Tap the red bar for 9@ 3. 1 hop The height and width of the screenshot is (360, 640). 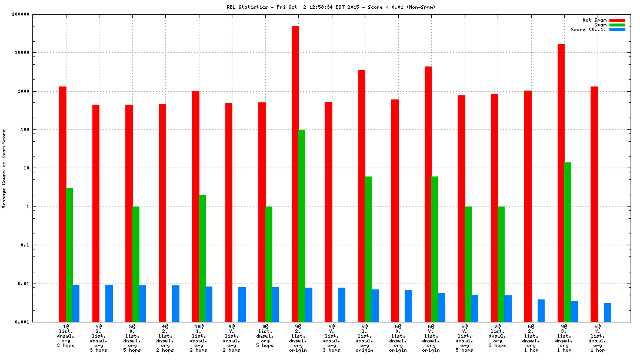click(x=561, y=183)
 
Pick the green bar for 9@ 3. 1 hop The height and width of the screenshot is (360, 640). click(x=568, y=242)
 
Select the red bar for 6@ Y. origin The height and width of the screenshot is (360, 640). click(x=428, y=194)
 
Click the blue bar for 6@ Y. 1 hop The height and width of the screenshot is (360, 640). click(x=608, y=312)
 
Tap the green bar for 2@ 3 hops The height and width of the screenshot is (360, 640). click(x=501, y=264)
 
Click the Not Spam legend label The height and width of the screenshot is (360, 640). click(x=594, y=20)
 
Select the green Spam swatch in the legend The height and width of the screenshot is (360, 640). click(x=617, y=25)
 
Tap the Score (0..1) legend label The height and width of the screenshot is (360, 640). click(x=588, y=29)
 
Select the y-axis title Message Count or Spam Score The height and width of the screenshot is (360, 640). click(x=4, y=169)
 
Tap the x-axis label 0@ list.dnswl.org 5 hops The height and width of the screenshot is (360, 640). click(x=265, y=338)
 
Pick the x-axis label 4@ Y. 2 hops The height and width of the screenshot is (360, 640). click(x=232, y=338)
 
